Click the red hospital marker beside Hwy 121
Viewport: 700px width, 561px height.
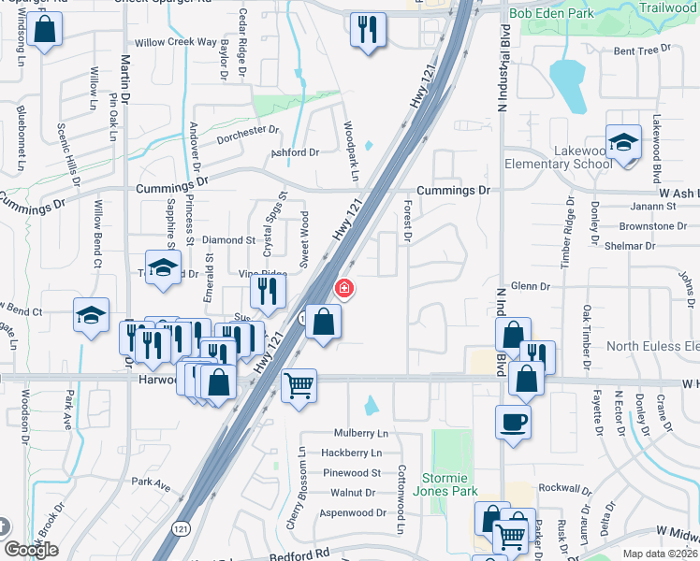[344, 288]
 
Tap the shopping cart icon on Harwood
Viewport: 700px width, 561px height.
[299, 383]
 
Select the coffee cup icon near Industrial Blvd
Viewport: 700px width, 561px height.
[512, 423]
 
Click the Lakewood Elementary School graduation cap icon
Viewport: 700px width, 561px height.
[623, 142]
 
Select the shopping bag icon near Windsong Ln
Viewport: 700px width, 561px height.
[43, 29]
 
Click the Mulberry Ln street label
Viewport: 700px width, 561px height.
[361, 434]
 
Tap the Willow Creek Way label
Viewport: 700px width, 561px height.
[175, 42]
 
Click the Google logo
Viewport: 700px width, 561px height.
[31, 549]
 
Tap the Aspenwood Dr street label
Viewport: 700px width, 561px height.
[354, 513]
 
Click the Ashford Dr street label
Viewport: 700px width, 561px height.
[296, 152]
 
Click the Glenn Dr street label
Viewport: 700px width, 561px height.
[530, 287]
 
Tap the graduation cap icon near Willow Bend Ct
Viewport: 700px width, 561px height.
[92, 316]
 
